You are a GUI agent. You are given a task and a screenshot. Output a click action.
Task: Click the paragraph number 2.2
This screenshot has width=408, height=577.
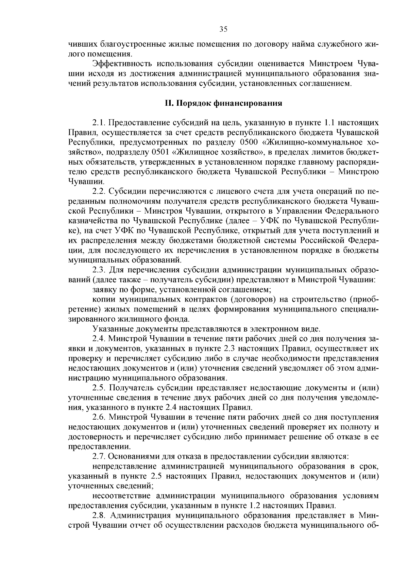point(99,191)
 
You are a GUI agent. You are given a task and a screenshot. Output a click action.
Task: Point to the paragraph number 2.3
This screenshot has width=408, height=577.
point(99,270)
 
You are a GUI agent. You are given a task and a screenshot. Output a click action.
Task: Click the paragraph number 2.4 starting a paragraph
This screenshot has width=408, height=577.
point(99,339)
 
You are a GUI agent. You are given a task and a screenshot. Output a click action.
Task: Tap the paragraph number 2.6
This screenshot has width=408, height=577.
point(99,418)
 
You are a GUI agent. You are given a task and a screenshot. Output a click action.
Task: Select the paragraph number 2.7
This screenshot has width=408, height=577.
point(99,456)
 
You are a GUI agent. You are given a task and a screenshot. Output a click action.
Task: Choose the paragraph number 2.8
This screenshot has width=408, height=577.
point(99,515)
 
